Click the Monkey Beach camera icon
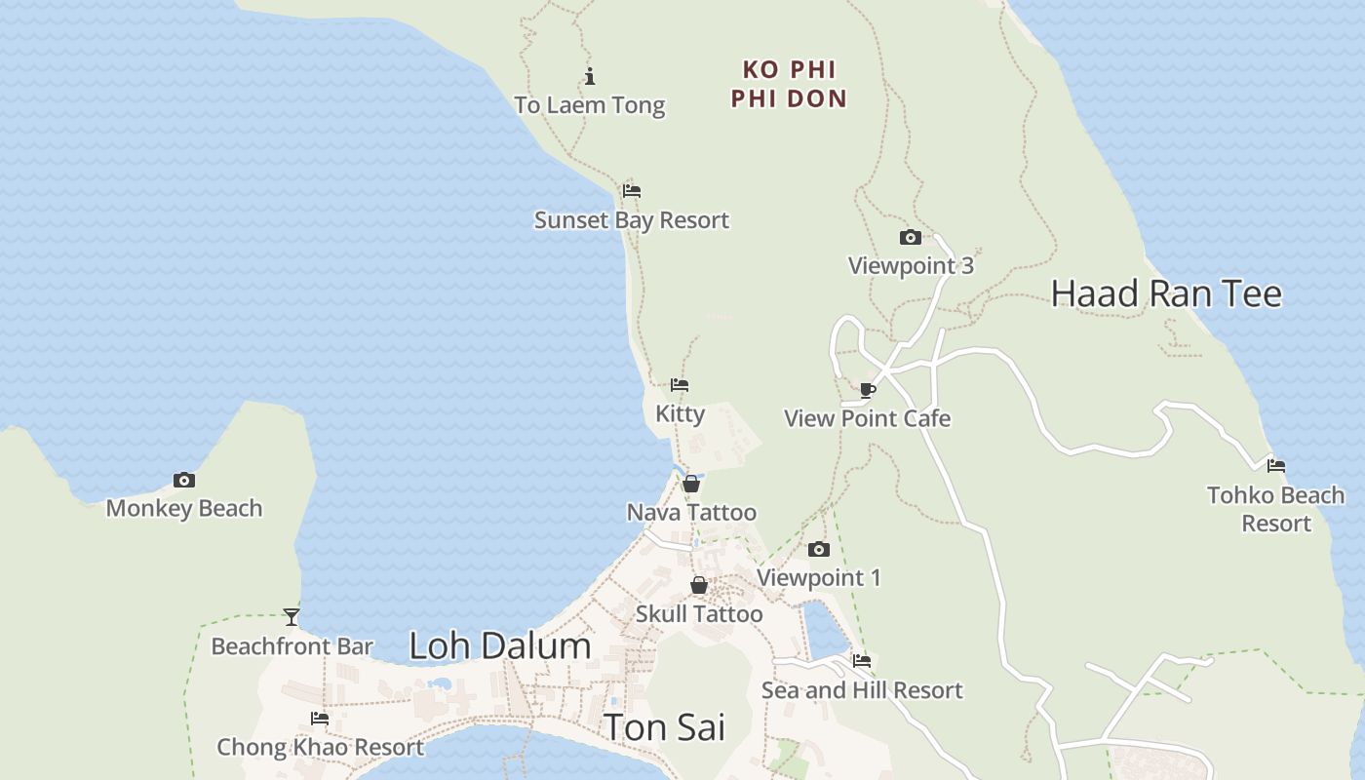(x=183, y=480)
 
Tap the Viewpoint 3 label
(x=911, y=265)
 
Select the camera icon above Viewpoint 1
(x=819, y=550)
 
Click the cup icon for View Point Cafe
(x=867, y=391)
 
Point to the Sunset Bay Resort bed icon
(x=632, y=191)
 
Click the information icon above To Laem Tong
(x=590, y=77)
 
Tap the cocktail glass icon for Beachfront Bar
(x=292, y=616)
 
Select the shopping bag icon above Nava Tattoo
(x=691, y=484)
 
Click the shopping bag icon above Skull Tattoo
(x=699, y=585)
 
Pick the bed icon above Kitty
(x=680, y=385)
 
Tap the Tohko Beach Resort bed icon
(x=1276, y=466)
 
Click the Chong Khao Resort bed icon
(x=320, y=719)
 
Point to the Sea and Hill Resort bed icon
(x=862, y=661)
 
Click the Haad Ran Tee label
(x=1166, y=293)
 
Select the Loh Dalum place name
(x=499, y=645)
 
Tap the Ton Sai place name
(x=664, y=727)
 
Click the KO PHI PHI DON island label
(x=789, y=84)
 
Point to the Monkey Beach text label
(x=184, y=508)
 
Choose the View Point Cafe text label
(x=867, y=418)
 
